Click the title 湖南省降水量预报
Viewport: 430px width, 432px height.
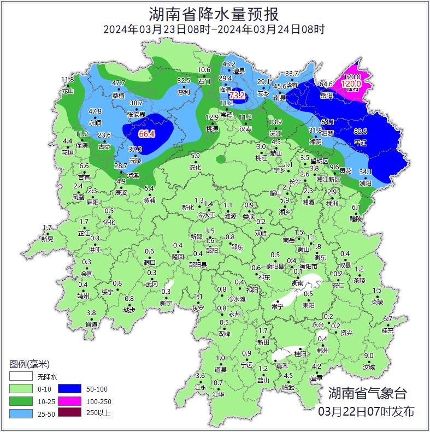point(214,13)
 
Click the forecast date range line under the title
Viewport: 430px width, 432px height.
point(214,29)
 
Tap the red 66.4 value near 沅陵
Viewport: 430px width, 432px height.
point(146,134)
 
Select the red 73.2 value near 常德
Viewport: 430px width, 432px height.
point(237,96)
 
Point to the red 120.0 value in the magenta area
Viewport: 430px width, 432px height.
point(351,84)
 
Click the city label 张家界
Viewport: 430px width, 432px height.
point(136,115)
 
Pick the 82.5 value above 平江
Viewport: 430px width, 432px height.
point(361,132)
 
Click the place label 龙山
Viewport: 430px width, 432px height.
point(67,91)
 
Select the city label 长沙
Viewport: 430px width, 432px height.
point(294,181)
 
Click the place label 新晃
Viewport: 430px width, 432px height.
point(48,239)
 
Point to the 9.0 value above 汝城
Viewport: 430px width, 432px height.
point(369,356)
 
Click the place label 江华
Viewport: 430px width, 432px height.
point(219,394)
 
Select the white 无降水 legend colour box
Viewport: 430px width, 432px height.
point(21,377)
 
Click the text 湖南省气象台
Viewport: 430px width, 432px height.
point(367,393)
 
